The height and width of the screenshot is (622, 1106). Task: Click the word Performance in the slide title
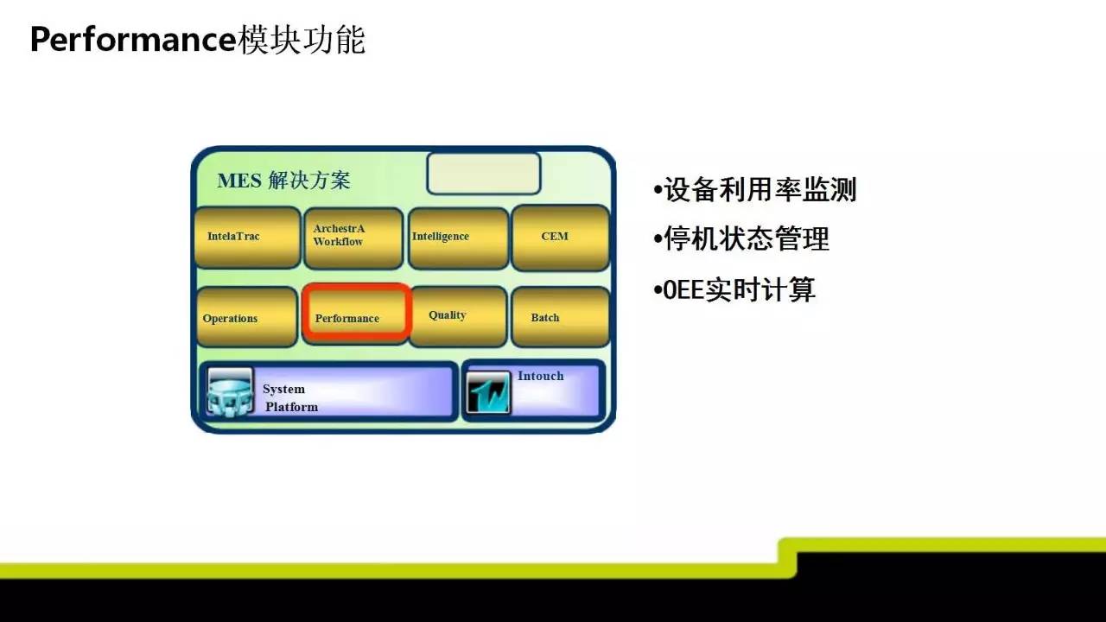[x=134, y=40]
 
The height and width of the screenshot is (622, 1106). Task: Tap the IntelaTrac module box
[x=247, y=238]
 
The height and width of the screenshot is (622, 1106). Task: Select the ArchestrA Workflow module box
[x=353, y=238]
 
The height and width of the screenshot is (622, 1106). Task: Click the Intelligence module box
[x=459, y=238]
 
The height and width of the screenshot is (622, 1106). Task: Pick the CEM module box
[x=561, y=238]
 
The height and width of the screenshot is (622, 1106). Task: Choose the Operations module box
[x=247, y=317]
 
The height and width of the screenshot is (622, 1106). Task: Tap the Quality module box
[x=459, y=316]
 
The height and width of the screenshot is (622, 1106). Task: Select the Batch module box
[x=561, y=317]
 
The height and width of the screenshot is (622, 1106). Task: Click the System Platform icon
[x=230, y=391]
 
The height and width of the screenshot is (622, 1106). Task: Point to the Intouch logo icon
[x=488, y=392]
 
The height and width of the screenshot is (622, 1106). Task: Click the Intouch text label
[x=541, y=376]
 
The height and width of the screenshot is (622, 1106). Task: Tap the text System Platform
[x=290, y=398]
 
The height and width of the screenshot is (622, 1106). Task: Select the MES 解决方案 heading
[x=284, y=181]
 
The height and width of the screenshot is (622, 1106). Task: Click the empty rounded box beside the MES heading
[x=484, y=174]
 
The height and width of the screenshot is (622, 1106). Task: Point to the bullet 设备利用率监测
[x=754, y=189]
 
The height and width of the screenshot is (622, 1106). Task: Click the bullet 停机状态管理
[x=741, y=239]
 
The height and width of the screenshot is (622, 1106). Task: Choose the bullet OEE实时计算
[x=734, y=289]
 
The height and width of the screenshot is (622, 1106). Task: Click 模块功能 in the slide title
[x=302, y=40]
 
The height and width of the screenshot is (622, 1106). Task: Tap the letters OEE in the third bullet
[x=683, y=289]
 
